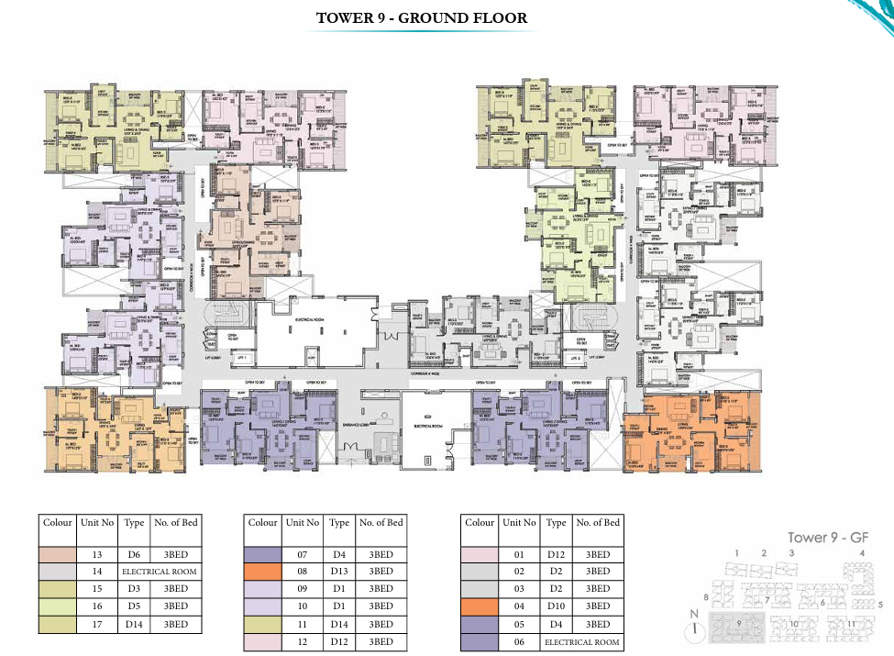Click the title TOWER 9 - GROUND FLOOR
tap(421, 17)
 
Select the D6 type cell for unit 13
tap(133, 554)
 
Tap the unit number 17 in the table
tap(96, 624)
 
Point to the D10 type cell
tap(556, 606)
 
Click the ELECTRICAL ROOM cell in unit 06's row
tap(581, 642)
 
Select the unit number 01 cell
tap(518, 554)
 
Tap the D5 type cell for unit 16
tap(133, 606)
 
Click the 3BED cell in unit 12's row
tap(381, 641)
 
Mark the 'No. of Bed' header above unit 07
tap(381, 523)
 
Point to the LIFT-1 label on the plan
tap(243, 357)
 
